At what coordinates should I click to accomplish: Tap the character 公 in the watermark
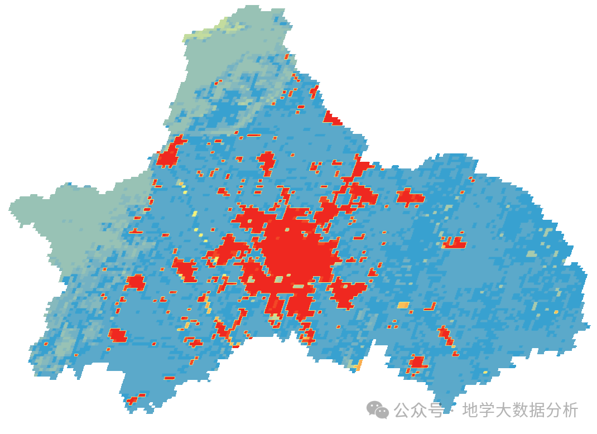[x=403, y=411]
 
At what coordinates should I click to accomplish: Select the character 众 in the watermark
[x=420, y=411]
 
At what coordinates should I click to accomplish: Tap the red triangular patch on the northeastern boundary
[x=332, y=119]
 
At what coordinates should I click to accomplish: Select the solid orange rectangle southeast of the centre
[x=403, y=305]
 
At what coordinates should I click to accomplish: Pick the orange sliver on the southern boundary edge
[x=359, y=365]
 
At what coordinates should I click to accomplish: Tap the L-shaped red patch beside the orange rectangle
[x=430, y=306]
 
